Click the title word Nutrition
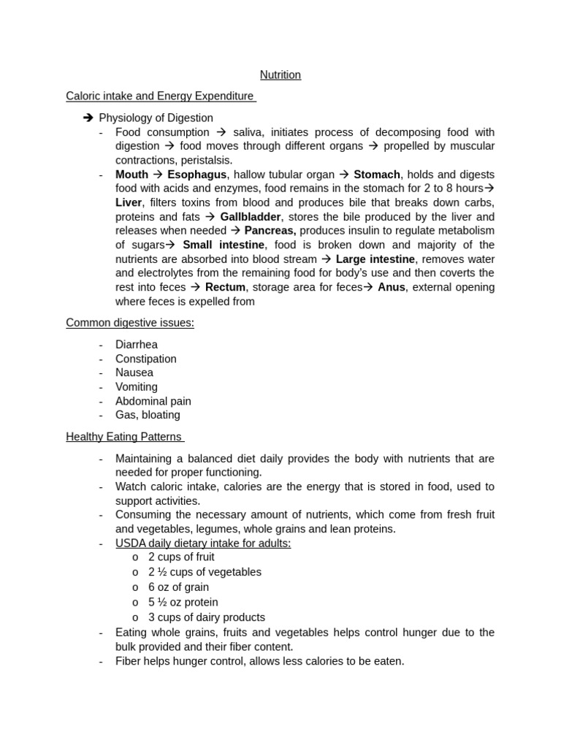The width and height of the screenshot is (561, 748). point(280,75)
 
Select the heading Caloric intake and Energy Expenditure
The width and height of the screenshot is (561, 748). point(160,96)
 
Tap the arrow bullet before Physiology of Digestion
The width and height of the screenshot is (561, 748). point(88,118)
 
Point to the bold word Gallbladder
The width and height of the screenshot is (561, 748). point(251,217)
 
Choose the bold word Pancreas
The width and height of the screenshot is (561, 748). point(270,231)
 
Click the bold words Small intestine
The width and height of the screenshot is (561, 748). point(223,245)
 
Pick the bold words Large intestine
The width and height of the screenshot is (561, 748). point(375,259)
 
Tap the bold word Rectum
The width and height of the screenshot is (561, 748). point(225,287)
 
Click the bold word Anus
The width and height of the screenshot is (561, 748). point(391,287)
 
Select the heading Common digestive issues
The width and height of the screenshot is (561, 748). point(130,323)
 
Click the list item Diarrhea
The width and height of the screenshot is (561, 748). point(137,344)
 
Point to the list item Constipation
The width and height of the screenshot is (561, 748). point(146,359)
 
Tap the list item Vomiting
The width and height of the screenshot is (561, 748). point(137,386)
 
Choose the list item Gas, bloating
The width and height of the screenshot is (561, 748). point(148,415)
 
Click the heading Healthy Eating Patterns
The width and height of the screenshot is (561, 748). point(123,437)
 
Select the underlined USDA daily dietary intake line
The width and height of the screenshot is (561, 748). point(203,543)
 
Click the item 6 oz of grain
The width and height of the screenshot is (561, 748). point(178,587)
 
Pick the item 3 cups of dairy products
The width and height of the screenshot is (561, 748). point(207,617)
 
